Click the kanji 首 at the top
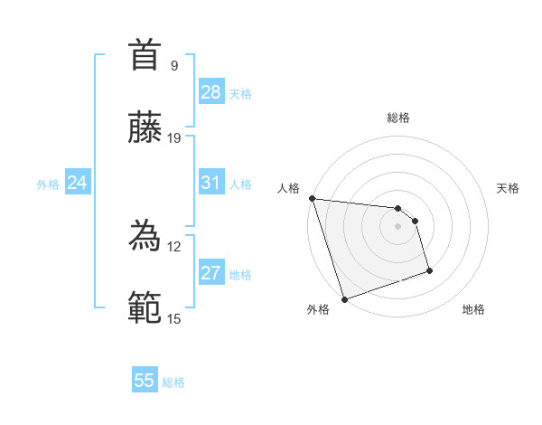(145, 55)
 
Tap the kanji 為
(145, 236)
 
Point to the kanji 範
(145, 308)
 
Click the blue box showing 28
(211, 92)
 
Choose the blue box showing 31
(211, 183)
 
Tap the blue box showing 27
(211, 273)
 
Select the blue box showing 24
(78, 183)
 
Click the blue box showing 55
(145, 381)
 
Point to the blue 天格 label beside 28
(240, 94)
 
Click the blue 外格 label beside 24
(48, 184)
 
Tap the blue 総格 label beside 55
(173, 382)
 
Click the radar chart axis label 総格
(398, 118)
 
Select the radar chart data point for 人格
(312, 198)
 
